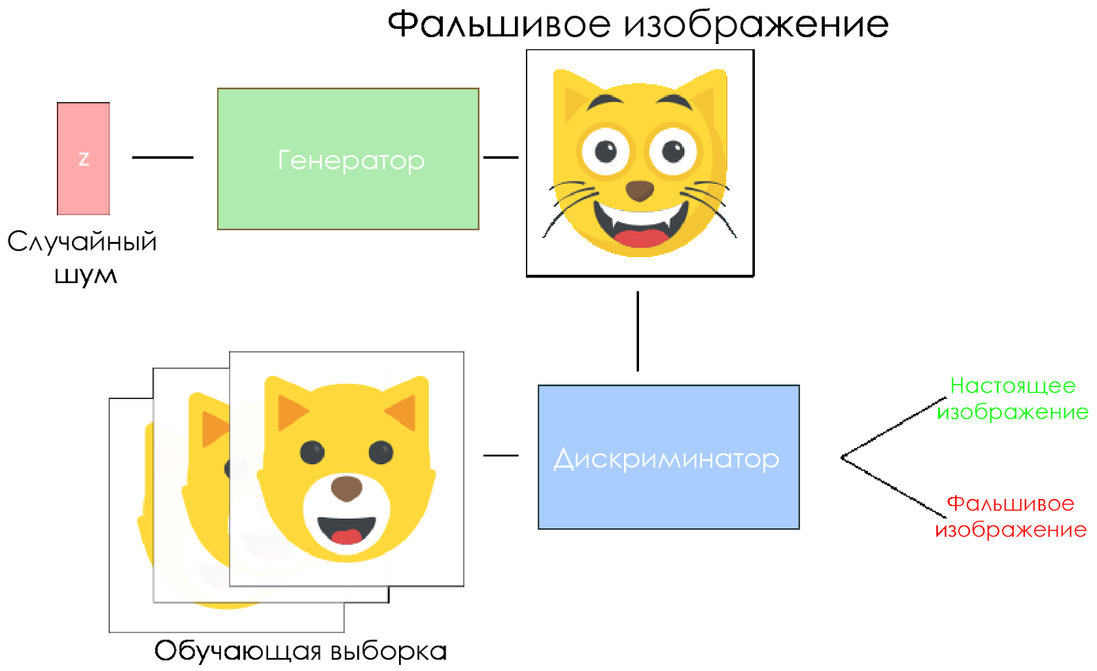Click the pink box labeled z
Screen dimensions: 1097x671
[x=83, y=158]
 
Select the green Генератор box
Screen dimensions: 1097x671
[x=348, y=159]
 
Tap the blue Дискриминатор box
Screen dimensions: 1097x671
[x=668, y=457]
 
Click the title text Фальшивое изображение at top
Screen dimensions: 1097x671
[x=638, y=25]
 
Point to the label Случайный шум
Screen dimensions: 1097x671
[x=83, y=258]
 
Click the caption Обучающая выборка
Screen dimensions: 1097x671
[x=300, y=650]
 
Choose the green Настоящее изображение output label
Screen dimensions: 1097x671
[x=1013, y=398]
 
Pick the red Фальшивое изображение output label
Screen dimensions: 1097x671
[x=1011, y=516]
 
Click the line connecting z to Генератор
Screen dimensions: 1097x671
[x=162, y=158]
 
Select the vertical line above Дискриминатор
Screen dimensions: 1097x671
[x=638, y=331]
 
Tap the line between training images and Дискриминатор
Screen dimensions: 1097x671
[x=501, y=455]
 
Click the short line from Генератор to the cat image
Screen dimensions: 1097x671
[x=501, y=158]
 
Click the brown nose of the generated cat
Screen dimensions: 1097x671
[x=640, y=190]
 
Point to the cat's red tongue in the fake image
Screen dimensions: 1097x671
[x=640, y=238]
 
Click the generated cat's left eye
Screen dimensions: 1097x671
[x=605, y=150]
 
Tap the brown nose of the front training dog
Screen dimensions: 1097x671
[x=346, y=489]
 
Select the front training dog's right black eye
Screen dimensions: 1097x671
[x=381, y=452]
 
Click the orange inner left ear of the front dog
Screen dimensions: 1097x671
[x=291, y=412]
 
